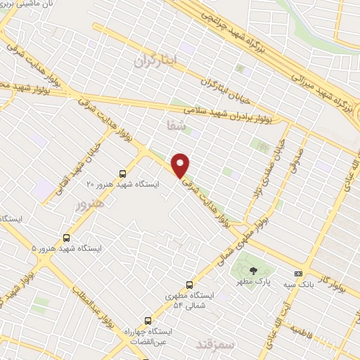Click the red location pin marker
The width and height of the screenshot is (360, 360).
[x=181, y=165]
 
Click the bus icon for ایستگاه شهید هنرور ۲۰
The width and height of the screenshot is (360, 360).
[x=123, y=173]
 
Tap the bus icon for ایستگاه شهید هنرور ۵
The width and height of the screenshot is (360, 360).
[x=67, y=238]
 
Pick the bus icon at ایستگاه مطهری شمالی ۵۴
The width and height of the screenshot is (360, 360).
[x=189, y=285]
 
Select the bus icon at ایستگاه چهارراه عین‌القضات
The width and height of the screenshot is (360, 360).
[x=148, y=321]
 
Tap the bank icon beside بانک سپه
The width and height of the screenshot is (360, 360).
[x=299, y=274]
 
